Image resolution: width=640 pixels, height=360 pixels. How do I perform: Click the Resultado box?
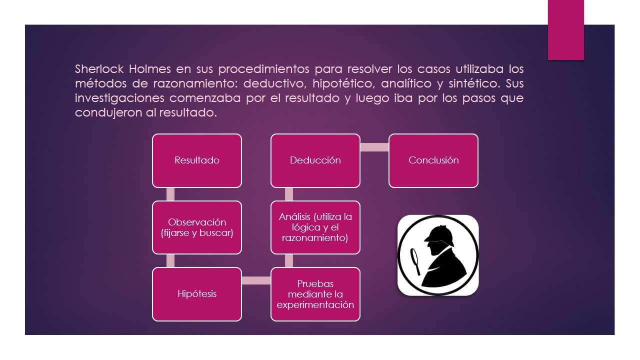[197, 160]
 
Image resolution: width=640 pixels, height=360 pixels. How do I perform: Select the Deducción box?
[315, 160]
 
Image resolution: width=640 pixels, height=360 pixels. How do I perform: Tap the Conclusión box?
[433, 160]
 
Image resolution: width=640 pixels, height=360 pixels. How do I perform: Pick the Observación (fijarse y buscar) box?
[197, 227]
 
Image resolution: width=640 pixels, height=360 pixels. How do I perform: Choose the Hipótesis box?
[197, 294]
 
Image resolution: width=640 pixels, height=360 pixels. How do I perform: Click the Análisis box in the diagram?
[315, 227]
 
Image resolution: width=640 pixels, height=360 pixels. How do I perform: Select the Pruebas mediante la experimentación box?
[315, 294]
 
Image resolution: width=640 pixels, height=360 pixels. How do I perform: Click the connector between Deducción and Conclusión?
[374, 147]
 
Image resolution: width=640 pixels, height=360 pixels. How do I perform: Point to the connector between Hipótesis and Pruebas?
[256, 280]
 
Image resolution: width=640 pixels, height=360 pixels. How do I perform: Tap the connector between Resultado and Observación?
[170, 194]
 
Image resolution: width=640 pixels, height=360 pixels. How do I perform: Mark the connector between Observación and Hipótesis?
[170, 261]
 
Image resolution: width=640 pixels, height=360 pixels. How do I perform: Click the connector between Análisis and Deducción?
[289, 194]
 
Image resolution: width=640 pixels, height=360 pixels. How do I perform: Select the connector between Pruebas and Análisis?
[289, 261]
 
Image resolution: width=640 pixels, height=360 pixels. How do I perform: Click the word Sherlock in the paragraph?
[99, 69]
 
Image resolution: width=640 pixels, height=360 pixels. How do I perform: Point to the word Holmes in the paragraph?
[149, 69]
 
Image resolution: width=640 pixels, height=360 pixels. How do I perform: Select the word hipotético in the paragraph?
[343, 84]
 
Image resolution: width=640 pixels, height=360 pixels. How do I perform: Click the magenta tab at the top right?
[565, 30]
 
